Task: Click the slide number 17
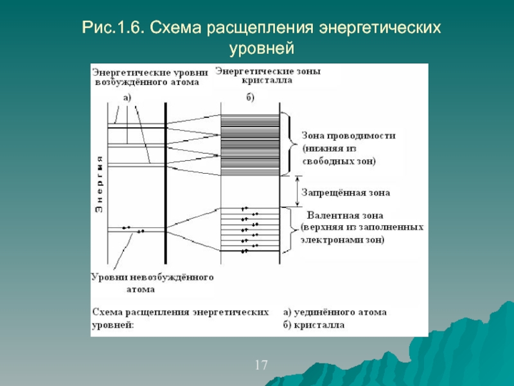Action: point(261,366)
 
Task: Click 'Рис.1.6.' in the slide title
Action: point(113,29)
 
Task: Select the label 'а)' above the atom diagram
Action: point(127,98)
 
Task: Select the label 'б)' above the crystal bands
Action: point(250,98)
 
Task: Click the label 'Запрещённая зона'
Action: point(346,192)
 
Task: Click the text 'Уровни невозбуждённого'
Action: point(152,277)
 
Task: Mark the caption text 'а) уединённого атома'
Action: point(335,312)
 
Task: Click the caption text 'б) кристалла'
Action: point(314,325)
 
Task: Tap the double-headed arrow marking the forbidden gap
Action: point(297,191)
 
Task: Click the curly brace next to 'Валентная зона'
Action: point(295,226)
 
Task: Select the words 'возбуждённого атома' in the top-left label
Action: point(146,82)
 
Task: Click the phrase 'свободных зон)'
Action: point(339,160)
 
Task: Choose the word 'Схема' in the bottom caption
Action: point(109,312)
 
